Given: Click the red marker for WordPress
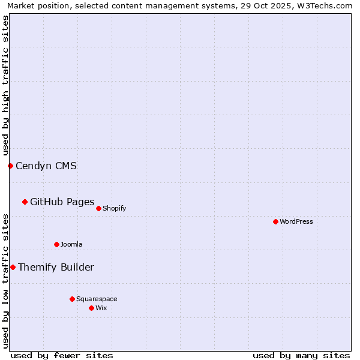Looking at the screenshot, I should pyautogui.click(x=275, y=221).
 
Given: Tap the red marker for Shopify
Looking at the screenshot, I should pyautogui.click(x=98, y=208).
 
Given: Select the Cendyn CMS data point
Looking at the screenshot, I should pyautogui.click(x=10, y=166).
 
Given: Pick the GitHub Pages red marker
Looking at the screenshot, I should pyautogui.click(x=25, y=202).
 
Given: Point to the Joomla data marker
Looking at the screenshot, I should pyautogui.click(x=56, y=244).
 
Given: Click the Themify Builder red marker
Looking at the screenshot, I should pyautogui.click(x=13, y=267).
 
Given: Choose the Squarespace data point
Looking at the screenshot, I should pyautogui.click(x=72, y=299).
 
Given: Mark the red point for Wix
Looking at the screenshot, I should pyautogui.click(x=91, y=308).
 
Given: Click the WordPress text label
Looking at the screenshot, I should pyautogui.click(x=296, y=221).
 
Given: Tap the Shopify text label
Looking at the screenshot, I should pyautogui.click(x=114, y=208).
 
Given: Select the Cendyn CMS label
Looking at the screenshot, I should pyautogui.click(x=46, y=166).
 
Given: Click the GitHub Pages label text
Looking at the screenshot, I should pyautogui.click(x=62, y=202).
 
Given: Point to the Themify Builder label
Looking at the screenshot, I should pyautogui.click(x=56, y=267).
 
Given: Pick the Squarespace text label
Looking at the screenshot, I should pyautogui.click(x=97, y=299).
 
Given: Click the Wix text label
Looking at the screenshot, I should pyautogui.click(x=101, y=308).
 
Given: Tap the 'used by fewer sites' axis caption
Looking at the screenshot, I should pyautogui.click(x=62, y=355).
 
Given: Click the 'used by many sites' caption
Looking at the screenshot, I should pyautogui.click(x=301, y=355).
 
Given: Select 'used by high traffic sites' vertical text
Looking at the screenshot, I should pyautogui.click(x=5, y=85).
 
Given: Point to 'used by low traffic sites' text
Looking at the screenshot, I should pyautogui.click(x=5, y=281).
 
